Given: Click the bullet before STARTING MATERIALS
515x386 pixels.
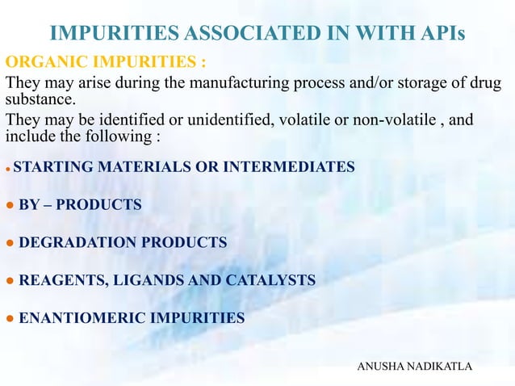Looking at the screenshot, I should (x=8, y=168).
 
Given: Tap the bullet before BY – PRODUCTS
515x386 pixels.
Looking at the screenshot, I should (x=9, y=205).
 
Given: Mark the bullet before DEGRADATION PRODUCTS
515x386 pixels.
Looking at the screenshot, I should (x=9, y=242).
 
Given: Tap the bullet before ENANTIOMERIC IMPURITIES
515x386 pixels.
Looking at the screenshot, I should (x=9, y=317).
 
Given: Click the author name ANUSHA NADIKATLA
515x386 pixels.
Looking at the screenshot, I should (x=414, y=367).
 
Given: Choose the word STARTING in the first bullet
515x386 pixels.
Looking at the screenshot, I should (x=48, y=167).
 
